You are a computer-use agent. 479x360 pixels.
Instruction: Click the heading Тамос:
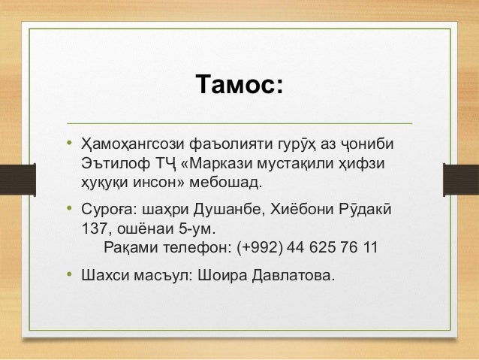pyautogui.click(x=239, y=85)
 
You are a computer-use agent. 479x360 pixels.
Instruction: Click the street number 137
pyautogui.click(x=94, y=227)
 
